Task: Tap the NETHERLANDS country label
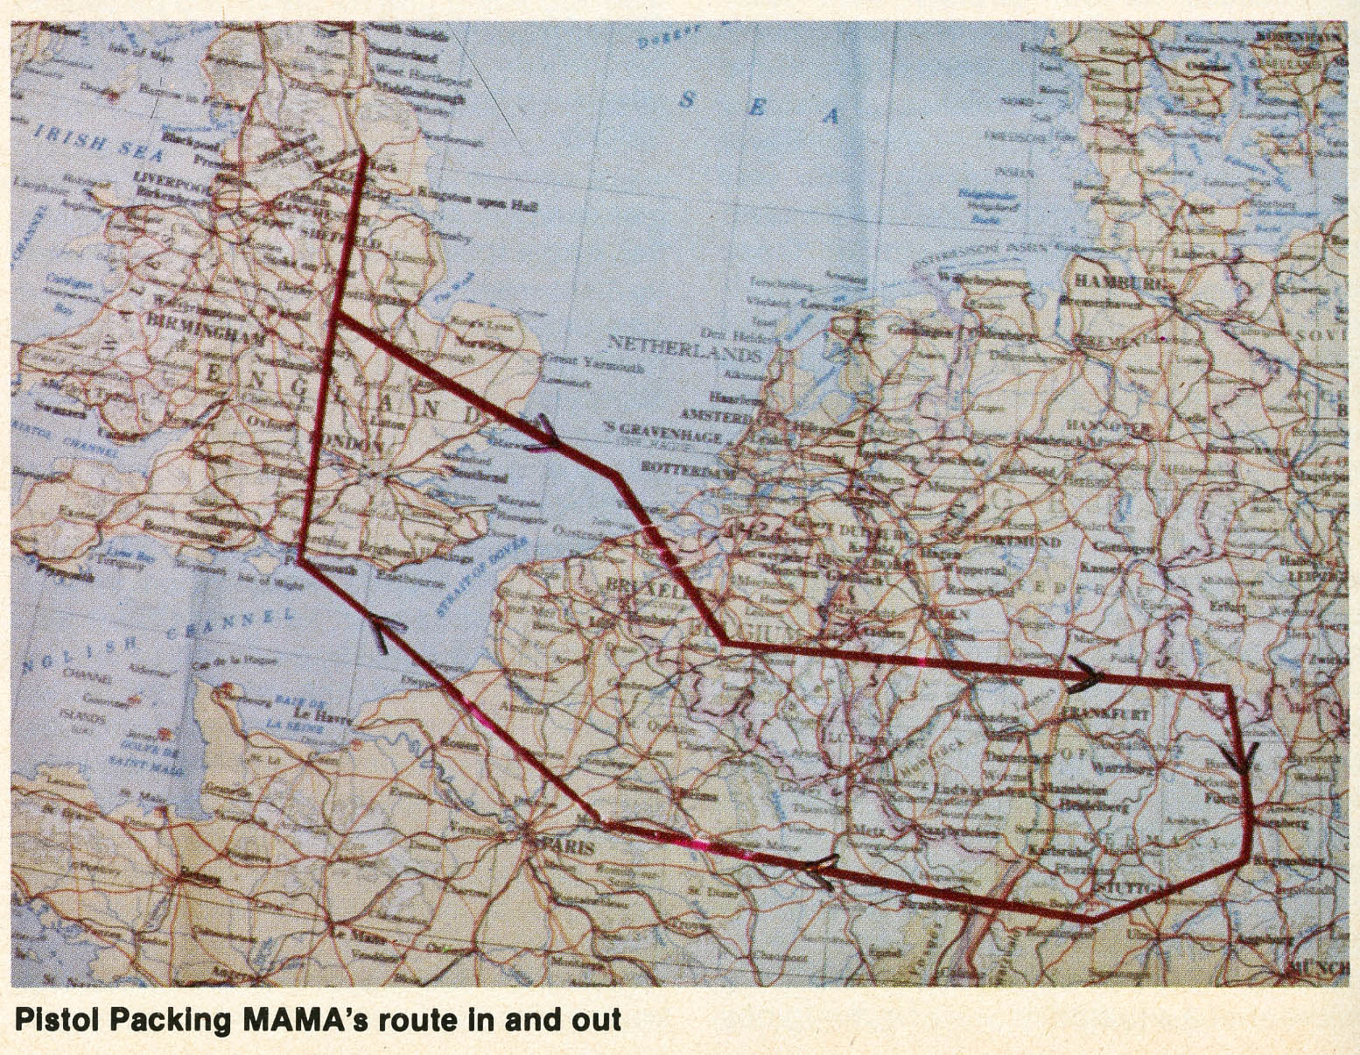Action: (x=685, y=348)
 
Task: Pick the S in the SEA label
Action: (x=688, y=100)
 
